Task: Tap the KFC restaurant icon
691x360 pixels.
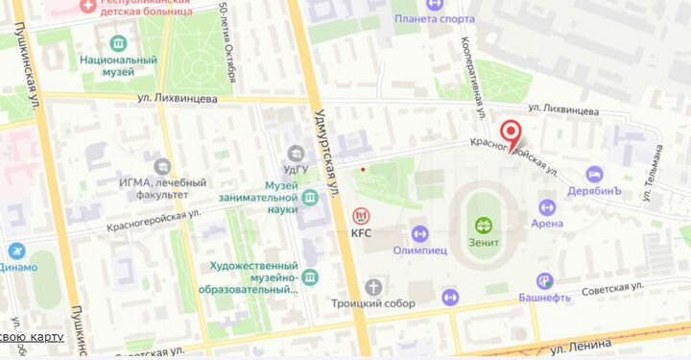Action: [x=361, y=215]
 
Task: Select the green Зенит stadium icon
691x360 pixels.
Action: [x=485, y=227]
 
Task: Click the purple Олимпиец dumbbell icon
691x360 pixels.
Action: [x=419, y=232]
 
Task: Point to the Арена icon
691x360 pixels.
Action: [x=547, y=206]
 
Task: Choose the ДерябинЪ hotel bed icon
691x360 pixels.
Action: [x=595, y=175]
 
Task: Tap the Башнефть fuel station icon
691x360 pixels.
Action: [x=545, y=280]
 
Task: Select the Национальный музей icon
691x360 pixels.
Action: [x=118, y=43]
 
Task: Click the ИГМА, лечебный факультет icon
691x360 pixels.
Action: [x=161, y=167]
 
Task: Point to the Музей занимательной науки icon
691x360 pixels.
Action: [x=310, y=199]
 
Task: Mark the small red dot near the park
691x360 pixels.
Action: [x=363, y=170]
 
